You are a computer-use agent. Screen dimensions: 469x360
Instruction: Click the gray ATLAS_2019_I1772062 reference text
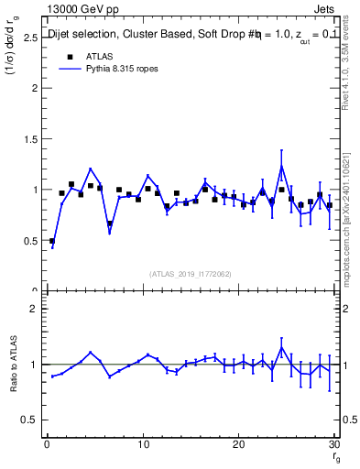click(x=190, y=274)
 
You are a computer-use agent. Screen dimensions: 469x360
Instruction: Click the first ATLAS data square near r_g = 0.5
click(x=52, y=241)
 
